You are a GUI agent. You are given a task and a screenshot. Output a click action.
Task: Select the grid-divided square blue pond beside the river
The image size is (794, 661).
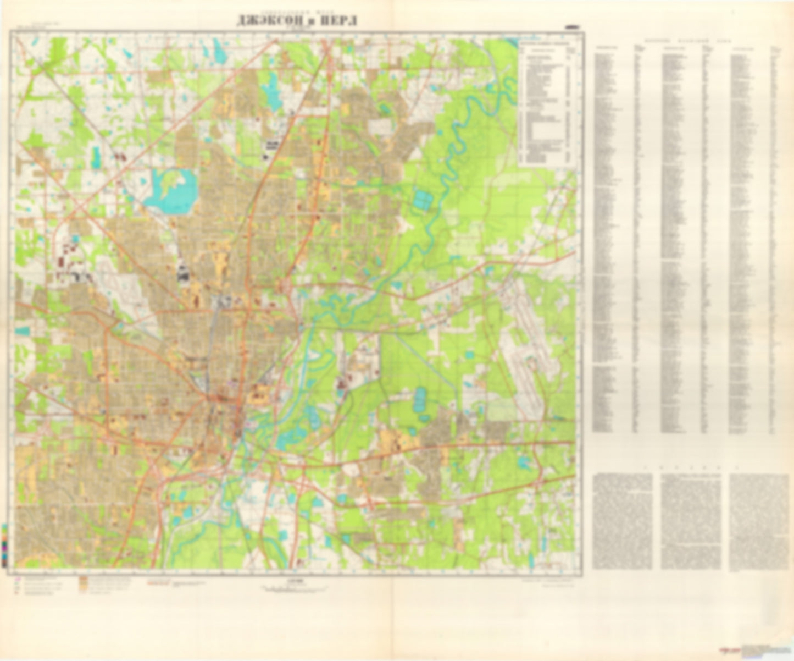coord(423,199)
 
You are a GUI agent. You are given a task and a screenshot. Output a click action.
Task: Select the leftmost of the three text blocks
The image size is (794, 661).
coord(623,521)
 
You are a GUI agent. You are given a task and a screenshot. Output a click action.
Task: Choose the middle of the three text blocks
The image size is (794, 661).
coord(691,521)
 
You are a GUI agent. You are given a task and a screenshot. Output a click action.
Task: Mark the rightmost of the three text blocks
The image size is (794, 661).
coord(759,521)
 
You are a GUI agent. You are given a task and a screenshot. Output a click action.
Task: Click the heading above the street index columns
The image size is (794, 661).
coord(690,41)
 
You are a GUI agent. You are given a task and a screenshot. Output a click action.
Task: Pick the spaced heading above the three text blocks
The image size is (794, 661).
coord(691,469)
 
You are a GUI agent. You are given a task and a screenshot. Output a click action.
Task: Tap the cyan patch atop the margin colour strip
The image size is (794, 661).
coord(4,526)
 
